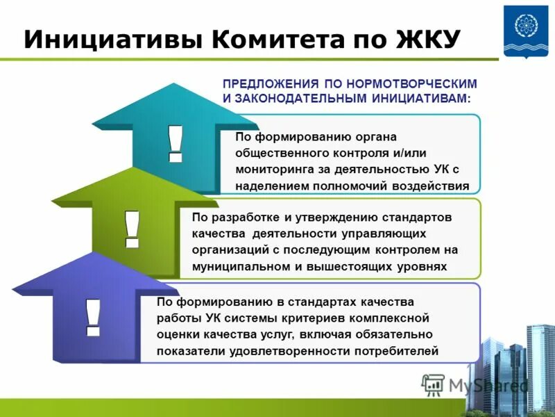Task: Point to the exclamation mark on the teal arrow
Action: [175, 142]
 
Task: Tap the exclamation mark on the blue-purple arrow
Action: [92, 317]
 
